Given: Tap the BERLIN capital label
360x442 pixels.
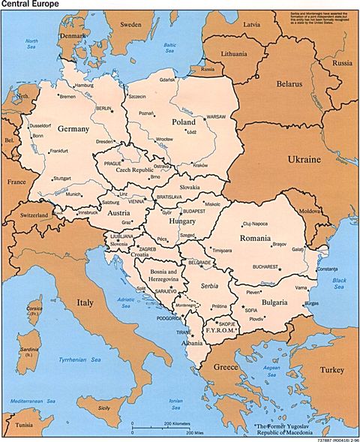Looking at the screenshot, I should pos(104,109).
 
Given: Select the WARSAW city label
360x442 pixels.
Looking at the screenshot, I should pos(215,118).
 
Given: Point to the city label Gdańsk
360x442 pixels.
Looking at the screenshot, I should pos(166,80).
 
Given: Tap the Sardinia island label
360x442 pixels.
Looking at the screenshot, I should pos(30,350).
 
